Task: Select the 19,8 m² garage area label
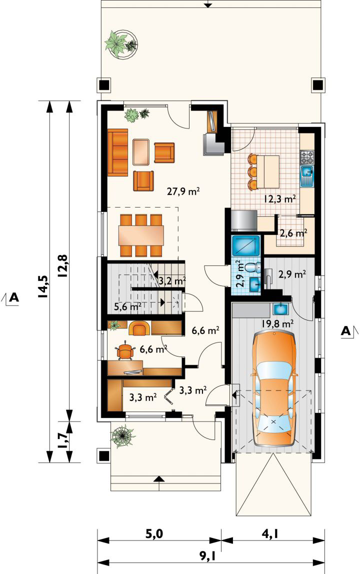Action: (x=278, y=323)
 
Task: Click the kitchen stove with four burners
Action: (x=307, y=157)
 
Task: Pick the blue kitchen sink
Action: (x=307, y=175)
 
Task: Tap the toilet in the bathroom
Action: (x=252, y=266)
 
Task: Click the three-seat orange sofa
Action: (x=117, y=151)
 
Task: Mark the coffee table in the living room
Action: (x=141, y=152)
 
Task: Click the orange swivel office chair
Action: (x=125, y=351)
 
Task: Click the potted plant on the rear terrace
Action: (x=121, y=43)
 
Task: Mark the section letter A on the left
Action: (x=13, y=297)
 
